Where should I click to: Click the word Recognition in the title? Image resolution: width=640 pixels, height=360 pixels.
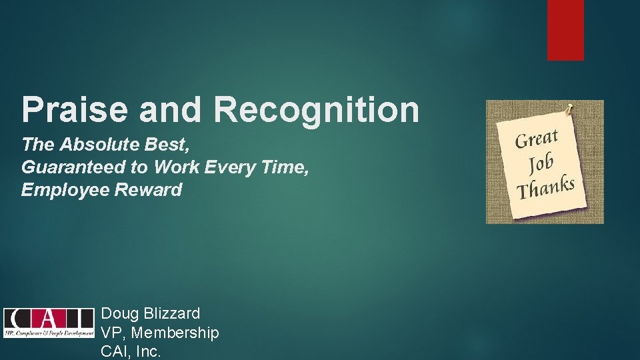click(317, 109)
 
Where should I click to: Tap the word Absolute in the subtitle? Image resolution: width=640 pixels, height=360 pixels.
click(91, 143)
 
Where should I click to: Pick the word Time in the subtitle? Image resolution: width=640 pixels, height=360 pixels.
click(287, 167)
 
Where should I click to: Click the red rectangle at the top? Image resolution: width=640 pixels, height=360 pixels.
click(565, 30)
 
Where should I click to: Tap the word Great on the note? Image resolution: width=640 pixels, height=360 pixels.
click(537, 139)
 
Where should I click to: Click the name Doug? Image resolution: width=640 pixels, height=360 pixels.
click(121, 313)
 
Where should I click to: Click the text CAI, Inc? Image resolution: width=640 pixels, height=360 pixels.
click(131, 351)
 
